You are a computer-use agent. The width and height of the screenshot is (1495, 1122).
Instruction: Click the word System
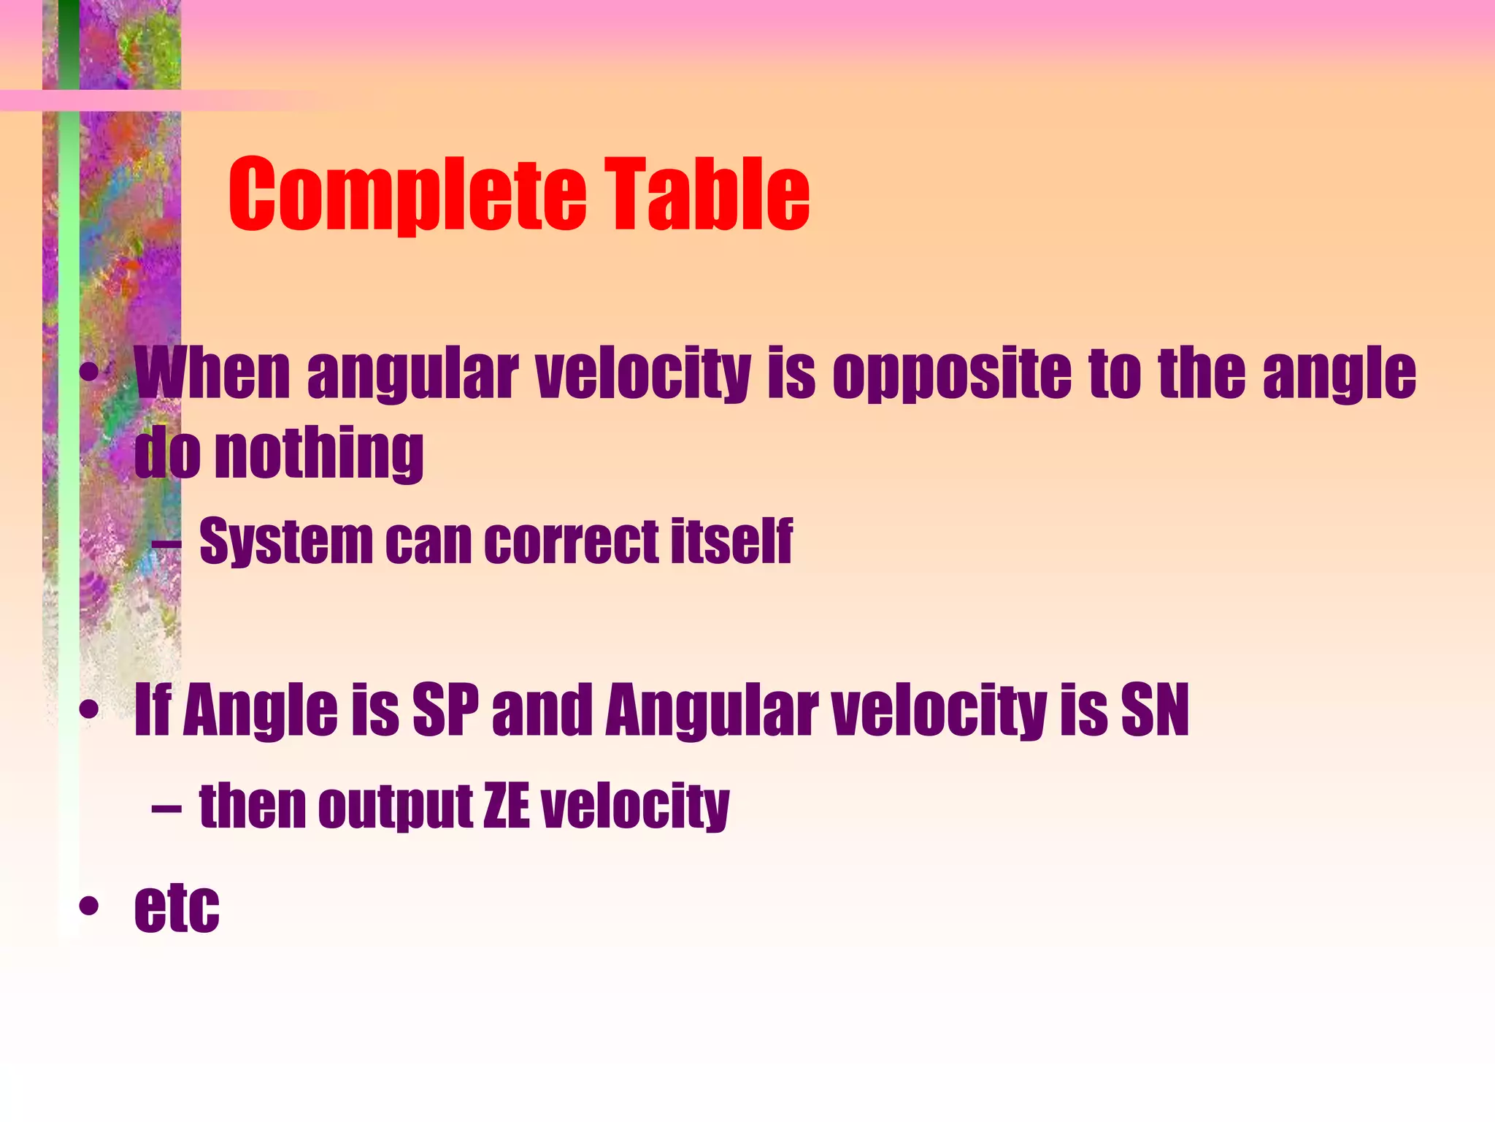tap(285, 542)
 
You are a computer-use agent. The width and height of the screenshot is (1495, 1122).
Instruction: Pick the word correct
tap(571, 542)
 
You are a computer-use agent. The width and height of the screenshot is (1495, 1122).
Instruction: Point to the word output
tap(395, 807)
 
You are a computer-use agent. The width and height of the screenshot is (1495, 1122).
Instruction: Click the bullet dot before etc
tap(89, 907)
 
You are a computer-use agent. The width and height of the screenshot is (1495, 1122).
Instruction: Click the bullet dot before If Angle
tap(89, 709)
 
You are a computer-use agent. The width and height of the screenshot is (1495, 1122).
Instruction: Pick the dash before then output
tap(166, 808)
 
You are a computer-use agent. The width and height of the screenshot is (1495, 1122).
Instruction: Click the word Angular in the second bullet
tap(712, 711)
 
